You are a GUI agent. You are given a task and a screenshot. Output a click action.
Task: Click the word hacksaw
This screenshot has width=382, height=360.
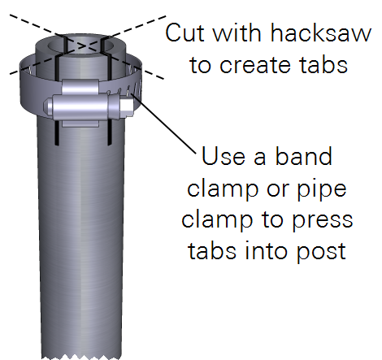tap(321, 33)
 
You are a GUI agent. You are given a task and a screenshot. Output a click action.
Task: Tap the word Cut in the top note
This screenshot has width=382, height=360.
tap(184, 33)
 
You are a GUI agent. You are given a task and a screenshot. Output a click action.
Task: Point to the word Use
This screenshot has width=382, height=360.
tap(224, 156)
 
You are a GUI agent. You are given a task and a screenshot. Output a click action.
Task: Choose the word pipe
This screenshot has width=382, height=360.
tap(322, 190)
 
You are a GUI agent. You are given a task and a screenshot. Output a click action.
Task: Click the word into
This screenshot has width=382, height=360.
tap(267, 250)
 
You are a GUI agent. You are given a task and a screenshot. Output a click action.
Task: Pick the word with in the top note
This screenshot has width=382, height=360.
tap(237, 33)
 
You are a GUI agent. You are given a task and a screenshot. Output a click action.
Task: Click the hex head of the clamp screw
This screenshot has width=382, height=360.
tap(126, 107)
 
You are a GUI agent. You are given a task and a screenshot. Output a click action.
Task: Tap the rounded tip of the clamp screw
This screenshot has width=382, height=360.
tap(48, 106)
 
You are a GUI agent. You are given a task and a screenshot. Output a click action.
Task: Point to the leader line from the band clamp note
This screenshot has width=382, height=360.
tap(164, 124)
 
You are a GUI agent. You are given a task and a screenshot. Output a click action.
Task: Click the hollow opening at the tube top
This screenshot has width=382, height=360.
tap(81, 47)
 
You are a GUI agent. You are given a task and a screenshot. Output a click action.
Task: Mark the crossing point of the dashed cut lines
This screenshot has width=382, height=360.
tap(83, 46)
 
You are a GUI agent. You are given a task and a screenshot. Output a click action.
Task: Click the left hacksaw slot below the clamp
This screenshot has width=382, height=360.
tap(57, 132)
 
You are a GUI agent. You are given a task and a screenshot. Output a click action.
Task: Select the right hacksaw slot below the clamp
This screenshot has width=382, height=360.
tap(110, 132)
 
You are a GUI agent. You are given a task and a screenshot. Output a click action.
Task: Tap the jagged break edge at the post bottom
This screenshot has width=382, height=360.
tap(80, 356)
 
